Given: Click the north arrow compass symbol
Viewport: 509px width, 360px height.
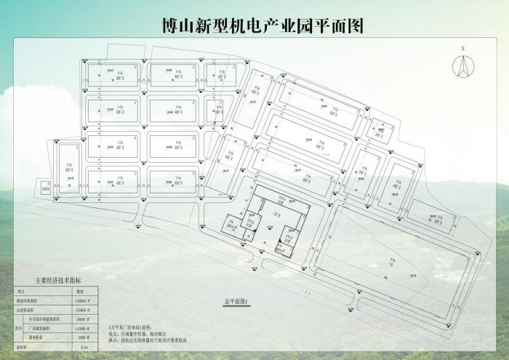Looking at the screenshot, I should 461,67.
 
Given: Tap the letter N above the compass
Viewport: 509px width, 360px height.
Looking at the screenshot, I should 461,49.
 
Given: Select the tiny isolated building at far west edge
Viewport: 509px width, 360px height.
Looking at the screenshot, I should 45,187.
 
